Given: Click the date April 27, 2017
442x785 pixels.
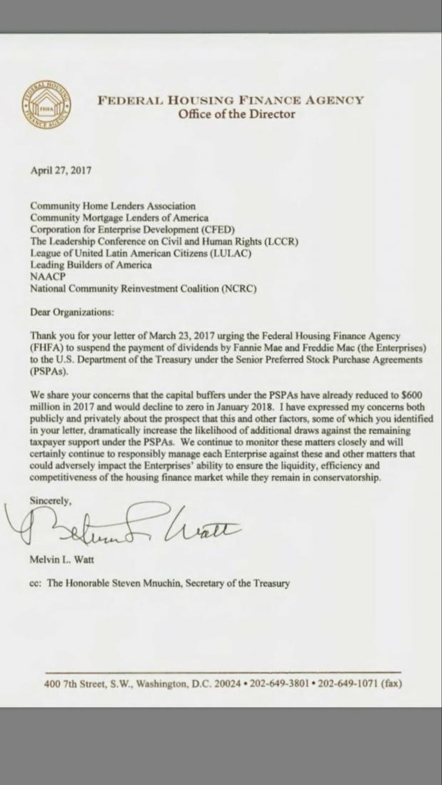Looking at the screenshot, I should pyautogui.click(x=61, y=171).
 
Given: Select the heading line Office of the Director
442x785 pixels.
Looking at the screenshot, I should pyautogui.click(x=236, y=114).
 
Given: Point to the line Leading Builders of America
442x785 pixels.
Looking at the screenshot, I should pyautogui.click(x=91, y=265).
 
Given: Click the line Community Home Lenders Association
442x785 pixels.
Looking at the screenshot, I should pyautogui.click(x=112, y=206).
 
